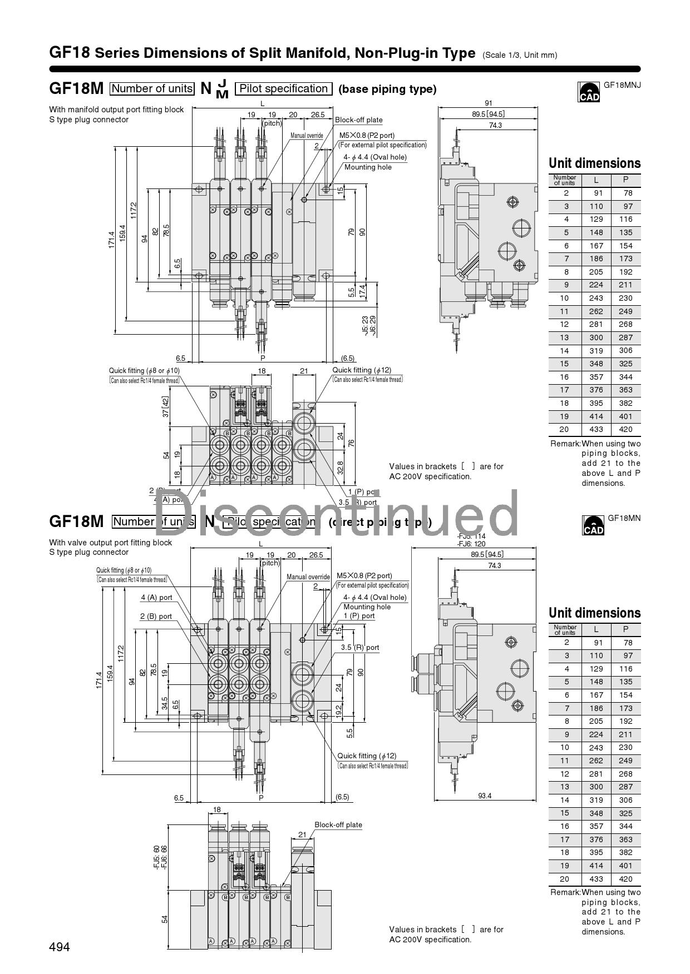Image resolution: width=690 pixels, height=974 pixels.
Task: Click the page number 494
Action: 60,947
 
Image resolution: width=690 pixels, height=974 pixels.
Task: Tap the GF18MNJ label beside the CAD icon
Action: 622,85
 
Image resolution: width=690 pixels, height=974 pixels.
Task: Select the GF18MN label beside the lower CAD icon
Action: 624,518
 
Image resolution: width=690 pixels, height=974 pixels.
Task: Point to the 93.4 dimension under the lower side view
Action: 485,796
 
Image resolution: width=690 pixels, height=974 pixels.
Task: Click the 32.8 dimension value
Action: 341,468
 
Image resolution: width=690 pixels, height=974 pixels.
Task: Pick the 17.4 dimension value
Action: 362,291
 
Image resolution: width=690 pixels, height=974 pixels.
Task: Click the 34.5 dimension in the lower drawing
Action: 165,703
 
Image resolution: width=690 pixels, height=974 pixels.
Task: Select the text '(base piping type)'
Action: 387,90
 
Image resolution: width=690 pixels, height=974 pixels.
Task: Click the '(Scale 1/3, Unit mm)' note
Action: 520,55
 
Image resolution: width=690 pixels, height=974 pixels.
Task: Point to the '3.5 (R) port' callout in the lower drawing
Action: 360,648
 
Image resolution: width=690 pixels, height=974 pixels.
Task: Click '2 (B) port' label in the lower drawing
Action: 156,617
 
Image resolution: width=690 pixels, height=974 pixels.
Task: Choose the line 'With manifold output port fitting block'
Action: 116,110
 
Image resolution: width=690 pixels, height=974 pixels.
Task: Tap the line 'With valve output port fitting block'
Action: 111,543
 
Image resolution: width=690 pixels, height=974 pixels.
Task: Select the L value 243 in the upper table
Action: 596,298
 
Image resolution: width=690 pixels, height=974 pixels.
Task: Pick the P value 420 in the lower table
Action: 625,879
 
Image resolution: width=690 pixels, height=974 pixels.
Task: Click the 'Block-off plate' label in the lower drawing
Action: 338,825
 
